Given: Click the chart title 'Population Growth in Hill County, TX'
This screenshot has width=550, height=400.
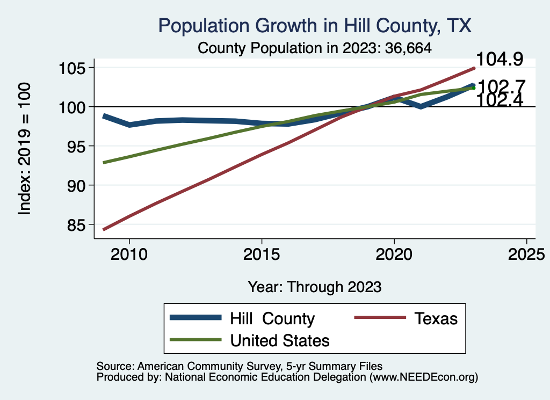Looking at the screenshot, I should [315, 26].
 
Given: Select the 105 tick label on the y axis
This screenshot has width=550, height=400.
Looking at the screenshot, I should [73, 68].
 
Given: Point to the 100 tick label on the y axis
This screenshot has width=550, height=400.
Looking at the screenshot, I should [73, 107].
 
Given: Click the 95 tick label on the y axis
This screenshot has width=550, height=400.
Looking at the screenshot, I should [78, 146].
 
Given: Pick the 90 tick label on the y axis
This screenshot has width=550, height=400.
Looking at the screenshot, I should [78, 185].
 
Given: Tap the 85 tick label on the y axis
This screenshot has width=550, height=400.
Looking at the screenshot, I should [78, 224].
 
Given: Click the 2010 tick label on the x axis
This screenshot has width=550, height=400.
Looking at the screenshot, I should [129, 253].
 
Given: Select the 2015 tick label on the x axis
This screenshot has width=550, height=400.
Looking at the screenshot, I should [262, 253].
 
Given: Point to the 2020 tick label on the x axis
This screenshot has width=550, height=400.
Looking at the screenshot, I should [394, 253].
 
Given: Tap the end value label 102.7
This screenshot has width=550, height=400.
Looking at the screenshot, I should [501, 85].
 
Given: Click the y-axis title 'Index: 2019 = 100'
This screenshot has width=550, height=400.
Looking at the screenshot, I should [25, 149].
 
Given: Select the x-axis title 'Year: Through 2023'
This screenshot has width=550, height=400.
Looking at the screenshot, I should [315, 287].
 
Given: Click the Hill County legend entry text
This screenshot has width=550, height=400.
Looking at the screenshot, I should [272, 318].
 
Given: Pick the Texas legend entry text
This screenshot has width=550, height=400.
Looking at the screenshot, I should [436, 318].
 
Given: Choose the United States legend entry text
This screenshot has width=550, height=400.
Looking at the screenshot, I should [279, 340].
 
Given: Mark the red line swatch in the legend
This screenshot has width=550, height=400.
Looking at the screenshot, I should [379, 318].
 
